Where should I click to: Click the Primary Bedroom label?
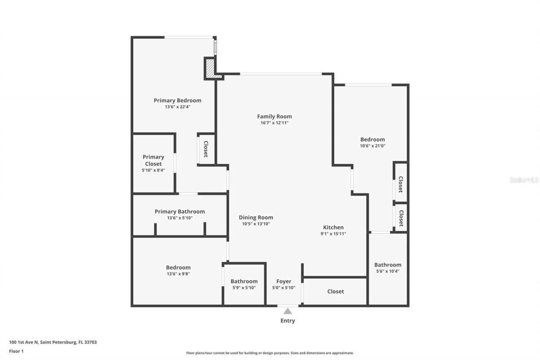(177, 100)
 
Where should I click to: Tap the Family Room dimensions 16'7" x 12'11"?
(274, 123)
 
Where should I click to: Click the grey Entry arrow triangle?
(288, 311)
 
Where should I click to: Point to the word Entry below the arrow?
(288, 321)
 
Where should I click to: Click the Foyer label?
(283, 282)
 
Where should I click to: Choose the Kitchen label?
(333, 227)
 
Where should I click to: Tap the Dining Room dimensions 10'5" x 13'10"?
(256, 224)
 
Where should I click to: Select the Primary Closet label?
(153, 160)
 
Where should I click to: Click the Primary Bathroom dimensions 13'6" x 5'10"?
(180, 218)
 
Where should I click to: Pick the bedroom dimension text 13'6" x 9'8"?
(178, 273)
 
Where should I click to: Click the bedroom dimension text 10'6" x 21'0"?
(373, 146)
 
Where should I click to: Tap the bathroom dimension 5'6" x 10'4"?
(388, 271)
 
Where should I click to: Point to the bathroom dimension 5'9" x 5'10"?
(244, 287)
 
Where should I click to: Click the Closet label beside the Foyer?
(335, 292)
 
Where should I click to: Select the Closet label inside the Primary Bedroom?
(206, 149)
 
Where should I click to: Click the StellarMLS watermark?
(524, 180)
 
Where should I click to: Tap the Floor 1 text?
(16, 351)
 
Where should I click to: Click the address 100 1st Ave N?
(53, 342)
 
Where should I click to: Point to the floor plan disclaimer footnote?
(270, 353)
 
